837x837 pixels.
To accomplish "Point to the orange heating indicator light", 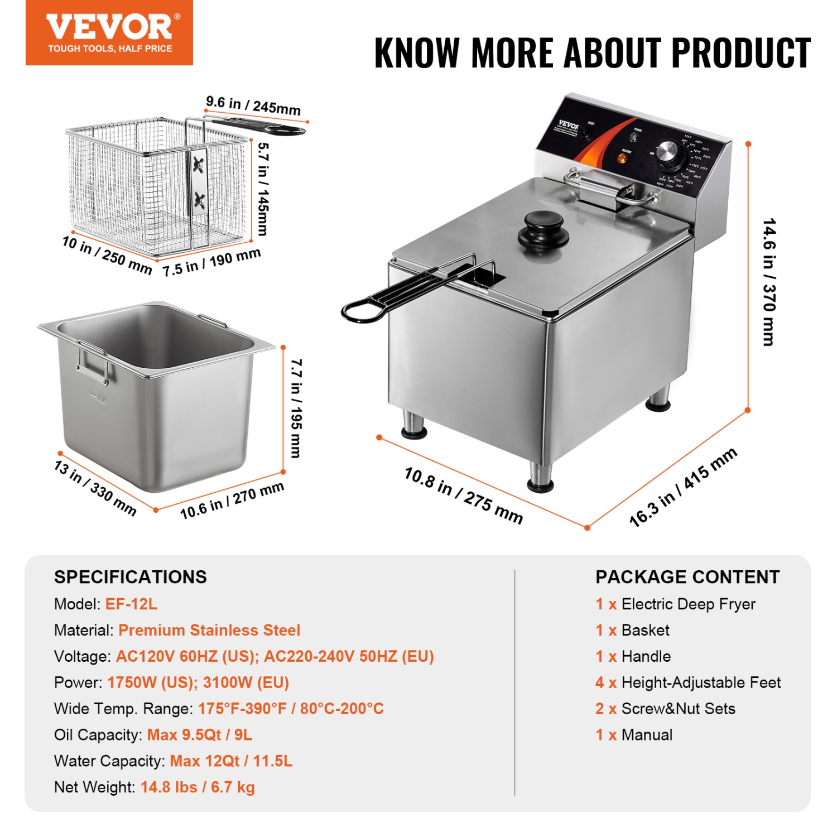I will [x=621, y=158].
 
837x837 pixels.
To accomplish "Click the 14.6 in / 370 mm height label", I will [x=769, y=282].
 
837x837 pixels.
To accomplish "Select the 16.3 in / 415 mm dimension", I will [x=683, y=487].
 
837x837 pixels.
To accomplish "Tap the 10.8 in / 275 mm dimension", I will [x=463, y=496].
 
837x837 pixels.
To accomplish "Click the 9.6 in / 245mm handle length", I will [x=253, y=105].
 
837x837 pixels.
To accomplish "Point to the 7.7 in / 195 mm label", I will [x=296, y=408].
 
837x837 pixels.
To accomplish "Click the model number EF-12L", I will [x=131, y=604].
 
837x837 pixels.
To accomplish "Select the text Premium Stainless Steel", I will [x=209, y=630].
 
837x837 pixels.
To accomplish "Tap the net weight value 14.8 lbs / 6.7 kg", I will [x=198, y=787].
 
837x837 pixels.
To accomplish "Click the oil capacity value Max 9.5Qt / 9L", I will [x=200, y=734].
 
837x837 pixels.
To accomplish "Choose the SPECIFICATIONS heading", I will [x=131, y=576].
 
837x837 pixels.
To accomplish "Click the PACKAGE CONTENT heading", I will [x=687, y=576].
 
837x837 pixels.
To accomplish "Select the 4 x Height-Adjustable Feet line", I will [x=687, y=682].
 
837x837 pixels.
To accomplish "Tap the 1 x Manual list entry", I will [x=634, y=734].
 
